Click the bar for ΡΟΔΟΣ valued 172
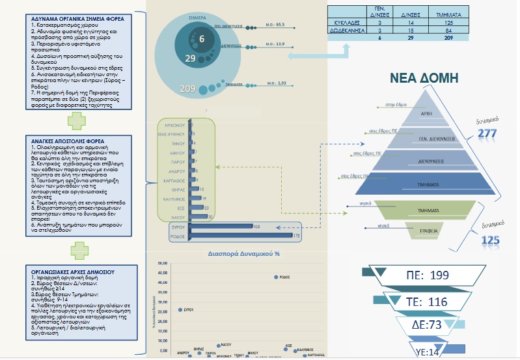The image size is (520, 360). (241, 235)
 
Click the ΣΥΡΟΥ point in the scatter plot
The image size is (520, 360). (180, 310)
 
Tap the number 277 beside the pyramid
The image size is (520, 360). (487, 134)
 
